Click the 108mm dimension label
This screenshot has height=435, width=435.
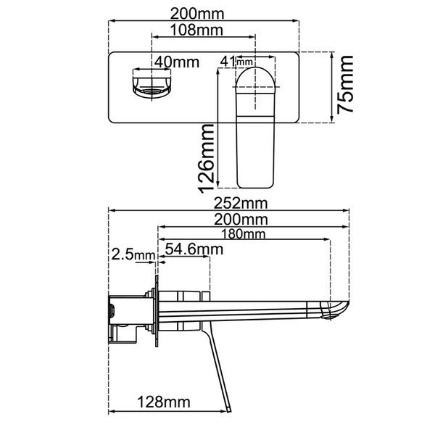tap(196, 30)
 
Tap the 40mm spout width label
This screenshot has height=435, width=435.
tap(177, 62)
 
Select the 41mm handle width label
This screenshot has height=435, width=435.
tap(236, 62)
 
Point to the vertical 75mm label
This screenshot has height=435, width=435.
tap(345, 84)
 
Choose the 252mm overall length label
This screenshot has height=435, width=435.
tap(241, 203)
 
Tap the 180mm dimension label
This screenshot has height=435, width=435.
tap(243, 234)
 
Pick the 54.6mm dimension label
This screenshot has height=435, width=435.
tap(194, 249)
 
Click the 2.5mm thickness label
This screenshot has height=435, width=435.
tap(133, 254)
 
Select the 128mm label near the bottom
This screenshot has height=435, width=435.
tap(164, 402)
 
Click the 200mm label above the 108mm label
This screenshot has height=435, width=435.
tap(197, 14)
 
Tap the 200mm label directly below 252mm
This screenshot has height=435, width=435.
tap(241, 220)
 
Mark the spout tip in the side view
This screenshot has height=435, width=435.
tap(348, 303)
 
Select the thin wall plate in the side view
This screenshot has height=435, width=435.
tap(157, 311)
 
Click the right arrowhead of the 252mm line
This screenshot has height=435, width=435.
tap(347, 210)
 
